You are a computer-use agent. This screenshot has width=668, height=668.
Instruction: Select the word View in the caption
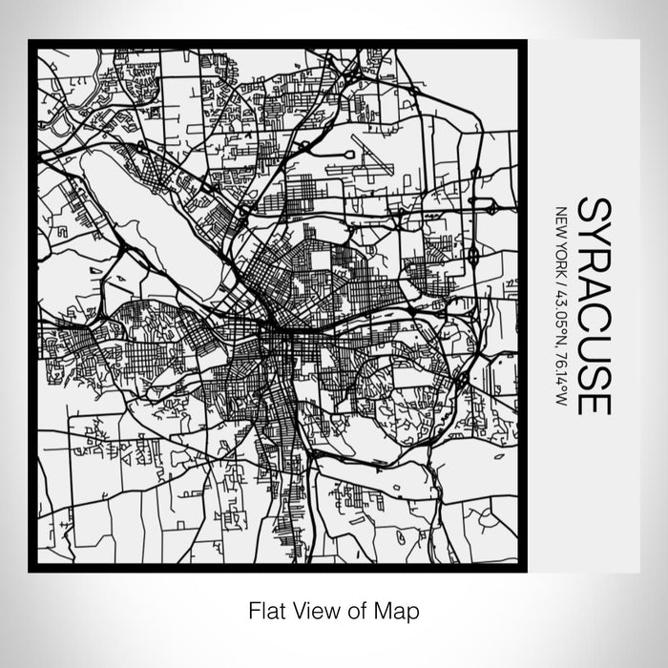310,608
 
